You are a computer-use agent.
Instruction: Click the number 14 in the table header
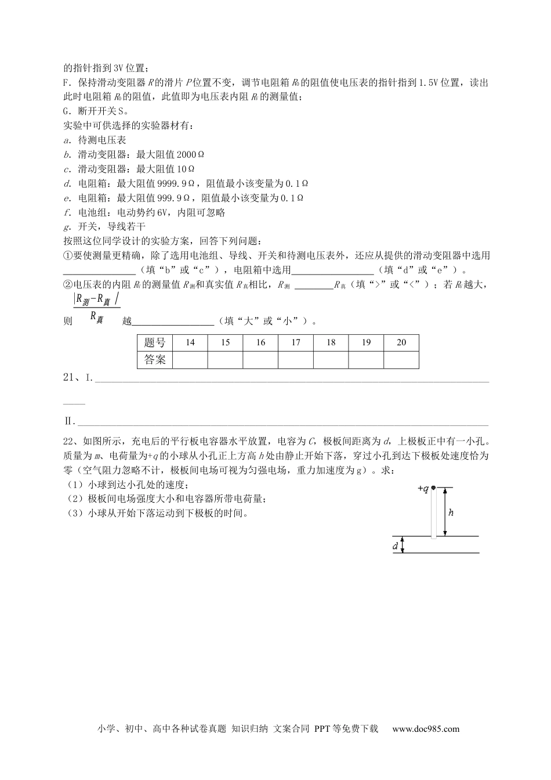[190, 342]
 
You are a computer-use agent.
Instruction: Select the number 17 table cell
[296, 342]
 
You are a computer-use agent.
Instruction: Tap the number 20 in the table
[401, 342]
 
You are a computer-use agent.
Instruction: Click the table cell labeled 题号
[155, 342]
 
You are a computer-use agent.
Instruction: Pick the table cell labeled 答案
[155, 360]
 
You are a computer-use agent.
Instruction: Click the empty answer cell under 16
[260, 360]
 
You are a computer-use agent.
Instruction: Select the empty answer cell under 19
[366, 360]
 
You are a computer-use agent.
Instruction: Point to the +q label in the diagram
[423, 489]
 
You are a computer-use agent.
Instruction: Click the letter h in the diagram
[451, 512]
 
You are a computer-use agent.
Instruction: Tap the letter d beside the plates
[396, 546]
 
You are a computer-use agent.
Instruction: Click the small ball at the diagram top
[433, 488]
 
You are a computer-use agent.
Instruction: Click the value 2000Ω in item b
[190, 154]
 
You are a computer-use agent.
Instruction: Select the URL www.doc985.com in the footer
[426, 729]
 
